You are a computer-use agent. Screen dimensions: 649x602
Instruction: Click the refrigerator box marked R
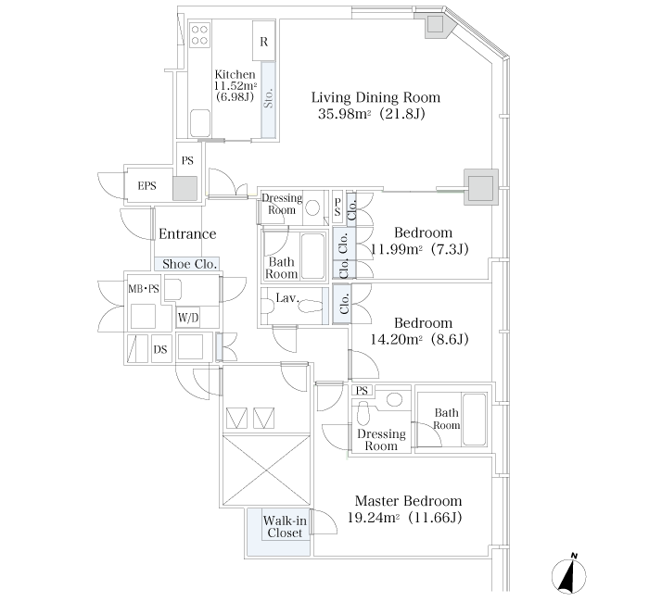[x=263, y=41]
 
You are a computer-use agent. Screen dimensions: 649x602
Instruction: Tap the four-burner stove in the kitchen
[x=200, y=35]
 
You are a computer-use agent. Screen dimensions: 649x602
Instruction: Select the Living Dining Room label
[x=375, y=97]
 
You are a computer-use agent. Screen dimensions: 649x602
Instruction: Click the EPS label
[x=146, y=185]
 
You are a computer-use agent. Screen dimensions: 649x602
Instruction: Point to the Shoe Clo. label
[x=189, y=264]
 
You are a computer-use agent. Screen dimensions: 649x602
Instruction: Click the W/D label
[x=188, y=318]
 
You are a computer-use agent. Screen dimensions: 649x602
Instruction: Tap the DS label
[x=160, y=349]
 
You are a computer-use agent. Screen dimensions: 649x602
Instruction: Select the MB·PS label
[x=144, y=289]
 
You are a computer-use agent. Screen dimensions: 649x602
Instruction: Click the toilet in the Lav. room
[x=311, y=307]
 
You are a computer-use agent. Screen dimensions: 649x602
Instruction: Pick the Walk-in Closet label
[x=285, y=527]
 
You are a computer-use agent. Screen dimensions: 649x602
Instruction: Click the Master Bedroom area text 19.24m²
[x=373, y=518]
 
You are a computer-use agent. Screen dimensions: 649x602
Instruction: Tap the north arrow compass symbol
[x=569, y=575]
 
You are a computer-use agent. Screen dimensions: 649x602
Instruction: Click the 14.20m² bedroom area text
[x=396, y=340]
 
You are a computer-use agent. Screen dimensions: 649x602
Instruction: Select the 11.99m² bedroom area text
[x=396, y=249]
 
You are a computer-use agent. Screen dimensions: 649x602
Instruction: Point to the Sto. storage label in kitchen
[x=268, y=98]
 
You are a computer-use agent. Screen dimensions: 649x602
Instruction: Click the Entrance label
[x=187, y=234]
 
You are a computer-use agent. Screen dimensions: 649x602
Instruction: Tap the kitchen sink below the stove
[x=200, y=123]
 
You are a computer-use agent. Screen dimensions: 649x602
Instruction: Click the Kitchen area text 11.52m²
[x=235, y=85]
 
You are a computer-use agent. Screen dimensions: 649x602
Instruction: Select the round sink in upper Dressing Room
[x=312, y=207]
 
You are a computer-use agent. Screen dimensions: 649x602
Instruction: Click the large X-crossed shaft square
[x=266, y=470]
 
